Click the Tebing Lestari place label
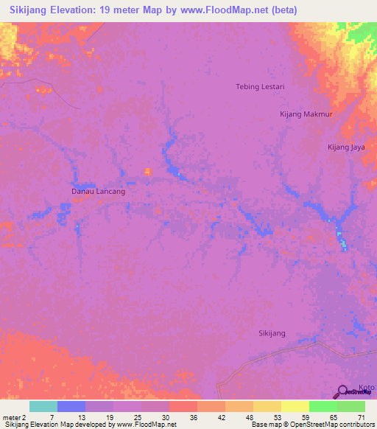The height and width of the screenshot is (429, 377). [259, 86]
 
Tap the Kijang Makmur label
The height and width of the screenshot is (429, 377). [307, 114]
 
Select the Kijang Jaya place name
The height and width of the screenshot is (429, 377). [346, 147]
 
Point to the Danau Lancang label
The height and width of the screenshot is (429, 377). [98, 192]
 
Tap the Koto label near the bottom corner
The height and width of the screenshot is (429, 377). [366, 388]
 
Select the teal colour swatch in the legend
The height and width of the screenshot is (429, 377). [43, 406]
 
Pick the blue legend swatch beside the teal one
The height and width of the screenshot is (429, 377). [71, 406]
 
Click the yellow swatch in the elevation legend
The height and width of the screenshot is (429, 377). [295, 406]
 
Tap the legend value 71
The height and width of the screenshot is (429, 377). [360, 417]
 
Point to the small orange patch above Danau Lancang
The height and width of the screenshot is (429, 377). [147, 172]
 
